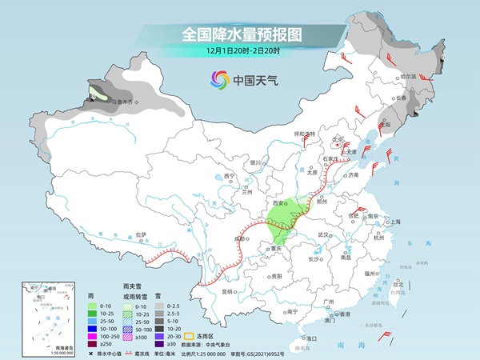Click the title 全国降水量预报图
click(x=240, y=34)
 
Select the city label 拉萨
click(x=142, y=234)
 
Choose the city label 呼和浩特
click(x=305, y=133)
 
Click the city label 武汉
click(x=323, y=234)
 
